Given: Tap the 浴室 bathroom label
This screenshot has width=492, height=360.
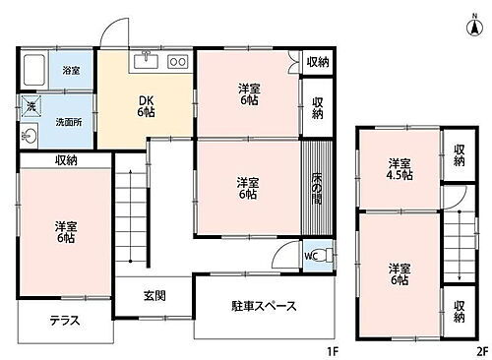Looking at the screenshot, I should click(x=72, y=71).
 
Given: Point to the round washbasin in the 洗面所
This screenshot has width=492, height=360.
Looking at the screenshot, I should click(x=28, y=137).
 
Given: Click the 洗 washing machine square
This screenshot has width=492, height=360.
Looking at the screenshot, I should click(x=30, y=106).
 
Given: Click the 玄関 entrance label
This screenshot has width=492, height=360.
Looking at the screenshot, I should click(x=154, y=295).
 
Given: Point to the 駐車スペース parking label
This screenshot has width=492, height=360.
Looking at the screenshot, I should click(x=263, y=306).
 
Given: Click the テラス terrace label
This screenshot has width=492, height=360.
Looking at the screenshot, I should click(x=65, y=320).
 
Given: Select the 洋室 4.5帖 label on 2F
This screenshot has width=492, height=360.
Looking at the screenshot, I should click(x=399, y=168).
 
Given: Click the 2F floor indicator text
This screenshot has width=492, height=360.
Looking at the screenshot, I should click(x=480, y=350).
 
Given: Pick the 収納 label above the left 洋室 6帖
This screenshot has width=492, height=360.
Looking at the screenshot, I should click(x=66, y=159).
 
